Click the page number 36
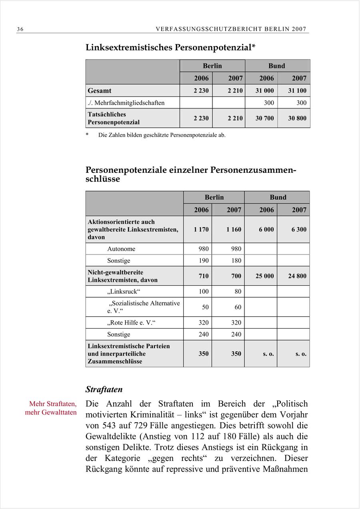pos(20,29)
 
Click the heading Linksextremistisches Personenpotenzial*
pos(170,47)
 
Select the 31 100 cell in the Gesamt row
pos(297,90)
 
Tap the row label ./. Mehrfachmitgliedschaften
pos(126,103)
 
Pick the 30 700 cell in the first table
pos(265,118)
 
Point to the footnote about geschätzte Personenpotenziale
pos(162,135)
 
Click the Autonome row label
pos(121,249)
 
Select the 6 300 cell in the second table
pos(299,229)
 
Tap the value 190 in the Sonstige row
pos(204,261)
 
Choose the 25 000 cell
pos(265,276)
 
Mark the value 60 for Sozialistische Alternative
pos(238,307)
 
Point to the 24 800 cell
pos(297,276)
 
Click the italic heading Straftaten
pos(104,389)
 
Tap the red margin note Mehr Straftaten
pos(53,404)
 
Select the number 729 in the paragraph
pos(130,425)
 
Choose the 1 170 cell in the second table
pos(201,229)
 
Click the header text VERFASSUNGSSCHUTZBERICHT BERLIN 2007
pos(231,29)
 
